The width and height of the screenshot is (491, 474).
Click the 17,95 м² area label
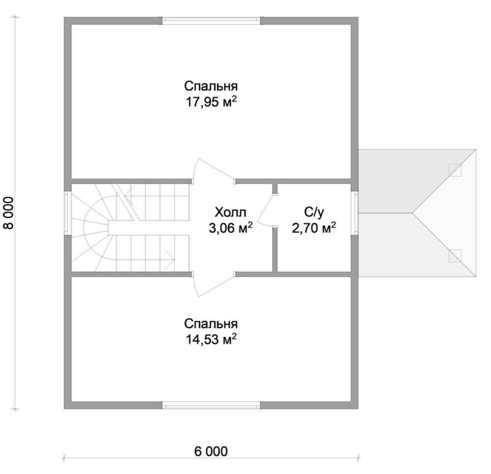click(x=211, y=102)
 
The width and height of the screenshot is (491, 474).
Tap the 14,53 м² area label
click(x=211, y=339)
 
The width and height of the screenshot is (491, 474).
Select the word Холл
click(x=230, y=212)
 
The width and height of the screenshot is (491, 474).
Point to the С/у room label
click(x=314, y=213)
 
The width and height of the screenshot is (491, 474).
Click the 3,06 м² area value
click(x=230, y=228)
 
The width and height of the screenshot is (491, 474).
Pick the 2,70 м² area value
click(x=314, y=228)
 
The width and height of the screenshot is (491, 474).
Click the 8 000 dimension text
click(x=9, y=213)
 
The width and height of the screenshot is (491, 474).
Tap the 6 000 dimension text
click(x=211, y=451)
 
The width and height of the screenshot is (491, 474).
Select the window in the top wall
click(x=211, y=21)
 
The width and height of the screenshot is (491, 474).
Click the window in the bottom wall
click(x=211, y=405)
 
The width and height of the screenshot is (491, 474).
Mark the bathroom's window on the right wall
click(x=355, y=213)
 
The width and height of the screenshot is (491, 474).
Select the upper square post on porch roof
click(x=455, y=170)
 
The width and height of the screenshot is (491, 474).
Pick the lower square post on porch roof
click(x=455, y=256)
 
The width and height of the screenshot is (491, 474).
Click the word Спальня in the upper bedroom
click(x=211, y=86)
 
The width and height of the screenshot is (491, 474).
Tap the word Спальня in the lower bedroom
click(x=211, y=324)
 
